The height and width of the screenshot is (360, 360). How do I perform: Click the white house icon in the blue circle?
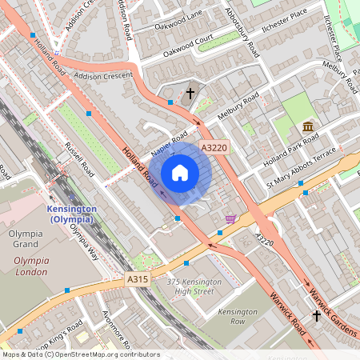(180, 173)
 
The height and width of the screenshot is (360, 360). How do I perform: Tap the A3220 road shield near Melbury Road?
(214, 148)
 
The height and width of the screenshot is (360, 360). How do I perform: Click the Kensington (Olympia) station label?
(67, 214)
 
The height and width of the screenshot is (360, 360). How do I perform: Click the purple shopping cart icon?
(230, 218)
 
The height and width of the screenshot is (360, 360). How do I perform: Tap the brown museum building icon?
(308, 127)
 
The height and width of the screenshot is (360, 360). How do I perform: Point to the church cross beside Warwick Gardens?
(317, 316)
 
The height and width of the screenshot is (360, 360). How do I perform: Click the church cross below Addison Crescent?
(190, 94)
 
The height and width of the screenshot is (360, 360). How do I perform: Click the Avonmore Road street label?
(120, 325)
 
